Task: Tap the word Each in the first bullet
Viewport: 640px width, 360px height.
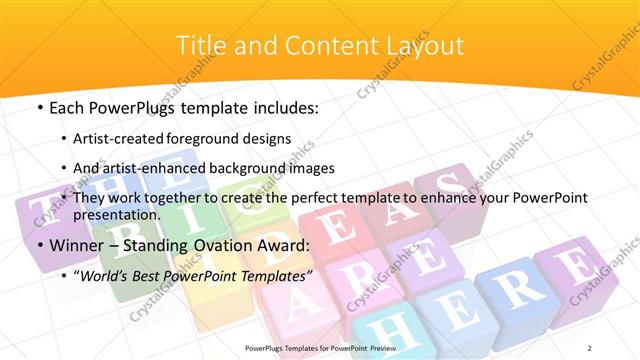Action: [67, 108]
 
